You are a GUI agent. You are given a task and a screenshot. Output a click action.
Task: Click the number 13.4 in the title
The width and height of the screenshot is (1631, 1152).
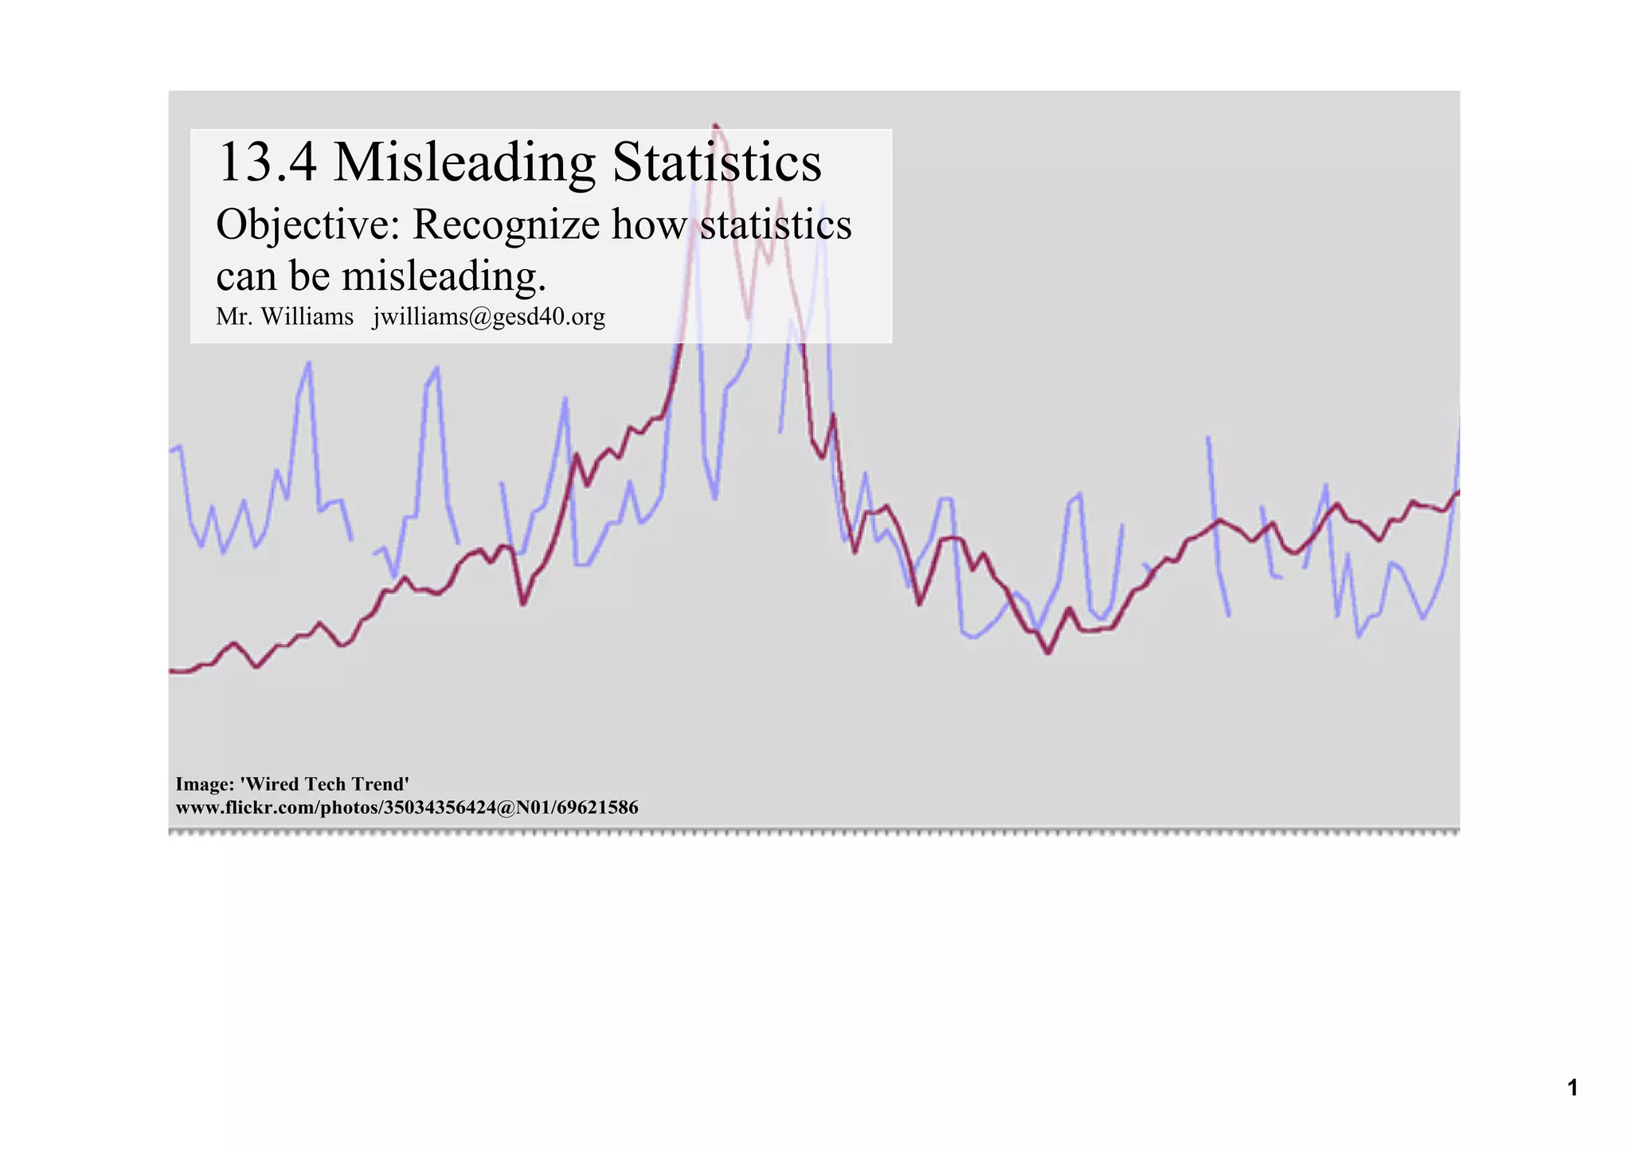pos(267,162)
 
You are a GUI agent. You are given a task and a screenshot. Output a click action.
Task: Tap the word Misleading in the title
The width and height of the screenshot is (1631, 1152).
pos(463,162)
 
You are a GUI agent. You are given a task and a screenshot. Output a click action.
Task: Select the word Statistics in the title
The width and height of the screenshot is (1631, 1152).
pos(716,162)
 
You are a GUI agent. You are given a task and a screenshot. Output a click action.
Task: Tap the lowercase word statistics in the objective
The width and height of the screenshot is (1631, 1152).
pos(776,225)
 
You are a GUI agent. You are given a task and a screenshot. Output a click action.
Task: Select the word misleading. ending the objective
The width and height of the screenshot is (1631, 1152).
pos(444,276)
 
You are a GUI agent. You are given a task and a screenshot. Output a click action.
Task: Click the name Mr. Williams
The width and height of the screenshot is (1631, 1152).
pos(284,317)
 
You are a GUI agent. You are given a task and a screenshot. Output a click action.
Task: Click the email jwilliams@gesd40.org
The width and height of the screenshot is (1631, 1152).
pos(489,317)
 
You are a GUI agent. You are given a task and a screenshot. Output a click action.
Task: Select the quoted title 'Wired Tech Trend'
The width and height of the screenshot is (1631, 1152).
pos(324,784)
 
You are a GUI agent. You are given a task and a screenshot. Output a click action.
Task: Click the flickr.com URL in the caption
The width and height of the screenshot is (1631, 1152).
pos(407,807)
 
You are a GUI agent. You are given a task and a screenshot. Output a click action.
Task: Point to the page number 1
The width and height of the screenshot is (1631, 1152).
pos(1572,1088)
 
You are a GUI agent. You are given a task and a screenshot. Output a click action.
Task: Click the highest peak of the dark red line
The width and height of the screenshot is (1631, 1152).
pos(715,125)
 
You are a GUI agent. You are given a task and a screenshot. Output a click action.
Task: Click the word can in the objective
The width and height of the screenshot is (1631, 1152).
pos(247,277)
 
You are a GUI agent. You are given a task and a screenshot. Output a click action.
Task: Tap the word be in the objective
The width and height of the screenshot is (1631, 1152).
pos(310,276)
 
